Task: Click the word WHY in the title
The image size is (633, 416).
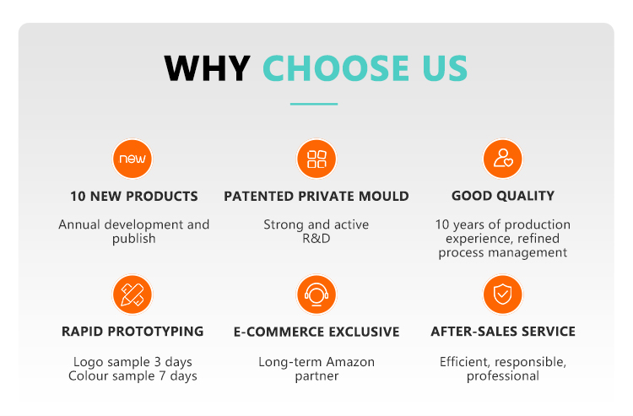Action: pos(207,68)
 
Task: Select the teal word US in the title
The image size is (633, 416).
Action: pos(441,68)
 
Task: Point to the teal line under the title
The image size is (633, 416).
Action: pos(314,104)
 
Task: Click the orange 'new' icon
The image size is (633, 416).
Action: pos(133,159)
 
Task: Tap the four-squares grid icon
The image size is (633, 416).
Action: pos(316,159)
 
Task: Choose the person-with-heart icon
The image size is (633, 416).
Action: pos(503,159)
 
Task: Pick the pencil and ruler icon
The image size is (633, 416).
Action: pos(133,294)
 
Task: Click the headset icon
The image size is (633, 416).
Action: pos(316,294)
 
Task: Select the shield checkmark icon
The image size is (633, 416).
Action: pos(503,294)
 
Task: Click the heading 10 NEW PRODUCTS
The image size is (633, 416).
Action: pos(134,197)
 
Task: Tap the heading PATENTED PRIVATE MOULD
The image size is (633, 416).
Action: pos(316,197)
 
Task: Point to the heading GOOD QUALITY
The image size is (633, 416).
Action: pos(503,197)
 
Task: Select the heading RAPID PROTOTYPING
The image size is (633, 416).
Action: pos(133,332)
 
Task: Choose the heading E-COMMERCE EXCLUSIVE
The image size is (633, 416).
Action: pos(316,332)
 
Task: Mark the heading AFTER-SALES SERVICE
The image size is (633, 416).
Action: pos(503,332)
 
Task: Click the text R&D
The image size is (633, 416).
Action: pos(316,239)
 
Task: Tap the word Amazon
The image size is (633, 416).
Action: pos(348,362)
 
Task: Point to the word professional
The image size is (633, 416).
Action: pos(503,375)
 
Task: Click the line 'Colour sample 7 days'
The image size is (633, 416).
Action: pos(133,375)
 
